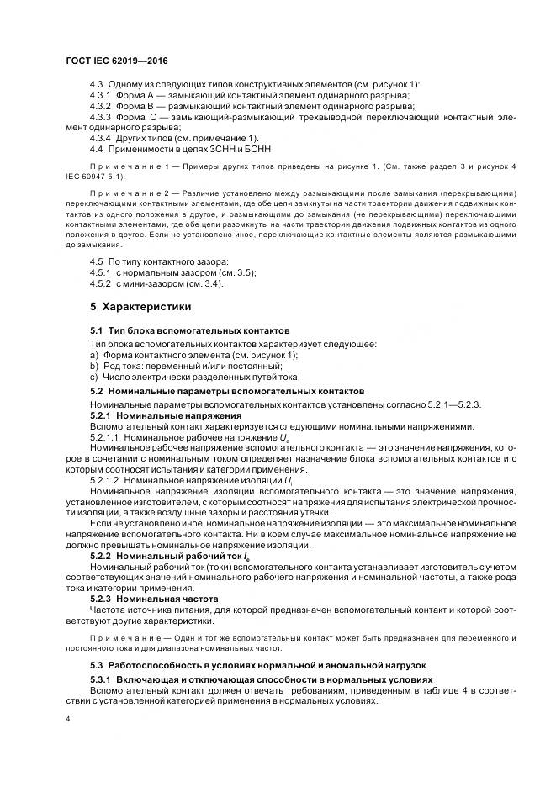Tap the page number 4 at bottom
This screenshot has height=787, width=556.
pos(67,719)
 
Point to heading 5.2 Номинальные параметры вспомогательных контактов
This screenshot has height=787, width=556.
pos(227,391)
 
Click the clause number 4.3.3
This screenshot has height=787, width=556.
pos(102,117)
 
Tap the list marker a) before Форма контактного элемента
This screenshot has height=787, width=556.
pos(94,355)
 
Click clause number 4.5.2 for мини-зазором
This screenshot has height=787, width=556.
pos(102,283)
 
